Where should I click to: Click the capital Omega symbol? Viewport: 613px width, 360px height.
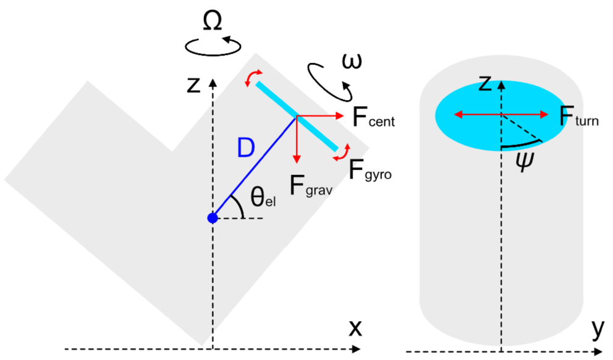213,21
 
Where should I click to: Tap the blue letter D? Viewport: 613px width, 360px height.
246,148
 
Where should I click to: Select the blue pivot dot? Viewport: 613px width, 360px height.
213,218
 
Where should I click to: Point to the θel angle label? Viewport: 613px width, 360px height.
263,196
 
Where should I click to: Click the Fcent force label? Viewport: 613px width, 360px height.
373,117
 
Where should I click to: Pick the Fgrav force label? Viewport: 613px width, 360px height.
311,185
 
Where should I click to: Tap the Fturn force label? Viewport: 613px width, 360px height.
579,116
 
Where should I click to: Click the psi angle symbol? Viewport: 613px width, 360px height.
524,162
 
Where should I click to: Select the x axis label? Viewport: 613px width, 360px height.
355,328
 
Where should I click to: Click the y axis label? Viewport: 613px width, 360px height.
598,329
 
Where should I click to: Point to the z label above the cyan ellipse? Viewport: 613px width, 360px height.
485,83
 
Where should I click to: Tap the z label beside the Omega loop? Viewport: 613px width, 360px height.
193,85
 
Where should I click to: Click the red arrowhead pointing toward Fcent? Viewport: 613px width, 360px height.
339,115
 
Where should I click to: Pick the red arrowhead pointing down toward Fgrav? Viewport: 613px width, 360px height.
297,159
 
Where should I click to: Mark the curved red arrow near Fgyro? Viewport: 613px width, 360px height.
342,153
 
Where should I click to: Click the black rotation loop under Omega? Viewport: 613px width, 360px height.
213,46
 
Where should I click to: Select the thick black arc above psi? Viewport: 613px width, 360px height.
522,145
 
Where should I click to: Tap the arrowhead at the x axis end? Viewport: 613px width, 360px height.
356,349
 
